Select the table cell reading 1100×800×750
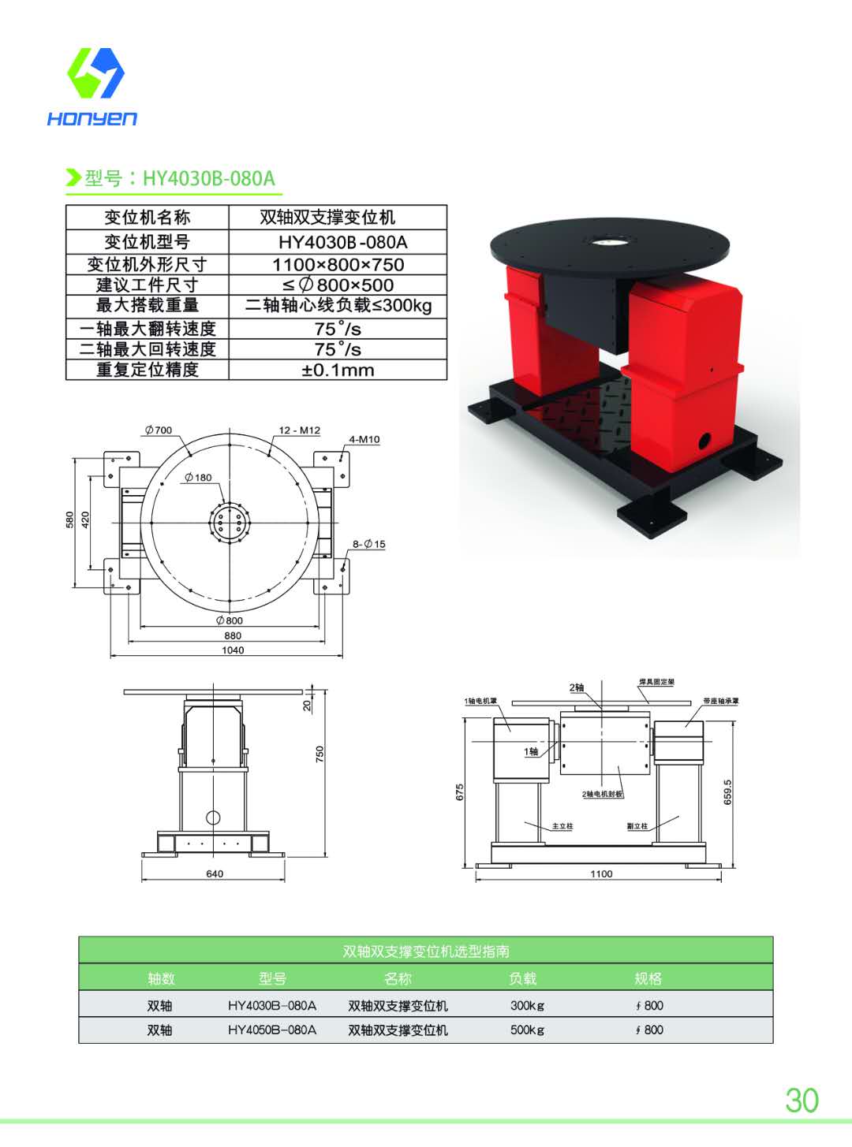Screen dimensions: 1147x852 [338, 265]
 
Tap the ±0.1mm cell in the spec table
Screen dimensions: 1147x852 [338, 370]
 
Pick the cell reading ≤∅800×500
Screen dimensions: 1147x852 [338, 285]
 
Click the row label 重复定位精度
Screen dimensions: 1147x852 [148, 370]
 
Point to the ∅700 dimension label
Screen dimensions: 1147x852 [158, 430]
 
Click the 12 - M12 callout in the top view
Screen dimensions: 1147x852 [299, 430]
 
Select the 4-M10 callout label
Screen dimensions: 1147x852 [364, 439]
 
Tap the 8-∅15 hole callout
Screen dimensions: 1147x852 [368, 544]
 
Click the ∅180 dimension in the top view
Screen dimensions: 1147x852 [198, 478]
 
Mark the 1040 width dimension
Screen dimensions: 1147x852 [233, 650]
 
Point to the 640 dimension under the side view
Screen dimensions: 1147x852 [215, 873]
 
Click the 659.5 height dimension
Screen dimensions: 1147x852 [727, 792]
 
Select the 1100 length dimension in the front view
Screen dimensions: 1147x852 [601, 873]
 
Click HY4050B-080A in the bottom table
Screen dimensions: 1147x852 [272, 1030]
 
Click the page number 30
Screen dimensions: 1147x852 [802, 1100]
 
